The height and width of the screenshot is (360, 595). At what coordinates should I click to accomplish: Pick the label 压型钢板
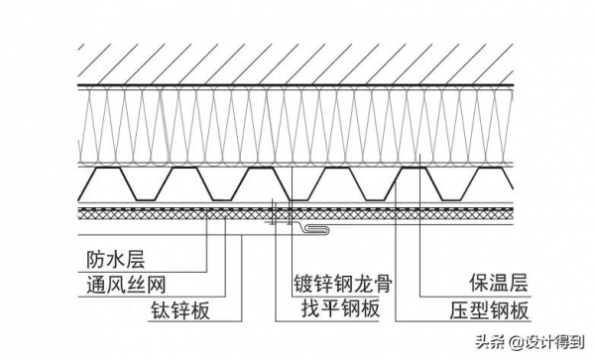coord(487,310)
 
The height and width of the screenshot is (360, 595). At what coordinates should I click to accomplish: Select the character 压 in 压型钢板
coord(455,310)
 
